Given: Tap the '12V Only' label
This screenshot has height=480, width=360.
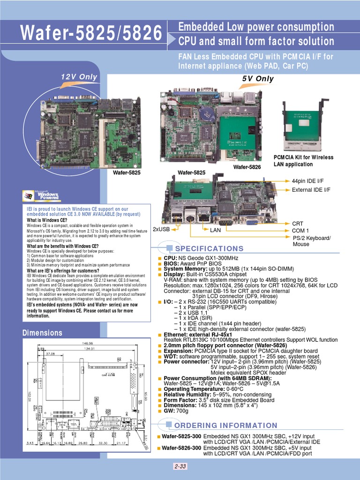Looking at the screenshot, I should (79, 77).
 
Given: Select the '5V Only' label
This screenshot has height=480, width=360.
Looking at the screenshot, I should (257, 79).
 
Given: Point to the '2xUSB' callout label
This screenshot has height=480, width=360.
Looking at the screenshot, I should (162, 229).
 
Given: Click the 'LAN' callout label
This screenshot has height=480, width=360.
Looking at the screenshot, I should (215, 230).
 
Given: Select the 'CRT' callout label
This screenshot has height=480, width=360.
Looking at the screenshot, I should (298, 224).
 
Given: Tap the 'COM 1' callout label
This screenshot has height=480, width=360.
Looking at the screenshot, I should (300, 231).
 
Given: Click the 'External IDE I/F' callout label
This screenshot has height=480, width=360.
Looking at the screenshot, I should (311, 189).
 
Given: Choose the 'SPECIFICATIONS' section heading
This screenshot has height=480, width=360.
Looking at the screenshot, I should (202, 248).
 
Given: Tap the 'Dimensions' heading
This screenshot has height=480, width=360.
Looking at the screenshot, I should (43, 333).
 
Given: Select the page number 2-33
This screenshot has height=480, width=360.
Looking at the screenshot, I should (180, 466).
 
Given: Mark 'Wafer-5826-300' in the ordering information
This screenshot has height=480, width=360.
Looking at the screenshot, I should (181, 448).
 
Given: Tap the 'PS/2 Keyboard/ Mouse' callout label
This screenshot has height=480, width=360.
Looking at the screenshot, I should (311, 241).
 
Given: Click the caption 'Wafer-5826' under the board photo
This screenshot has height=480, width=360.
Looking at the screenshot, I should (247, 167).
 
